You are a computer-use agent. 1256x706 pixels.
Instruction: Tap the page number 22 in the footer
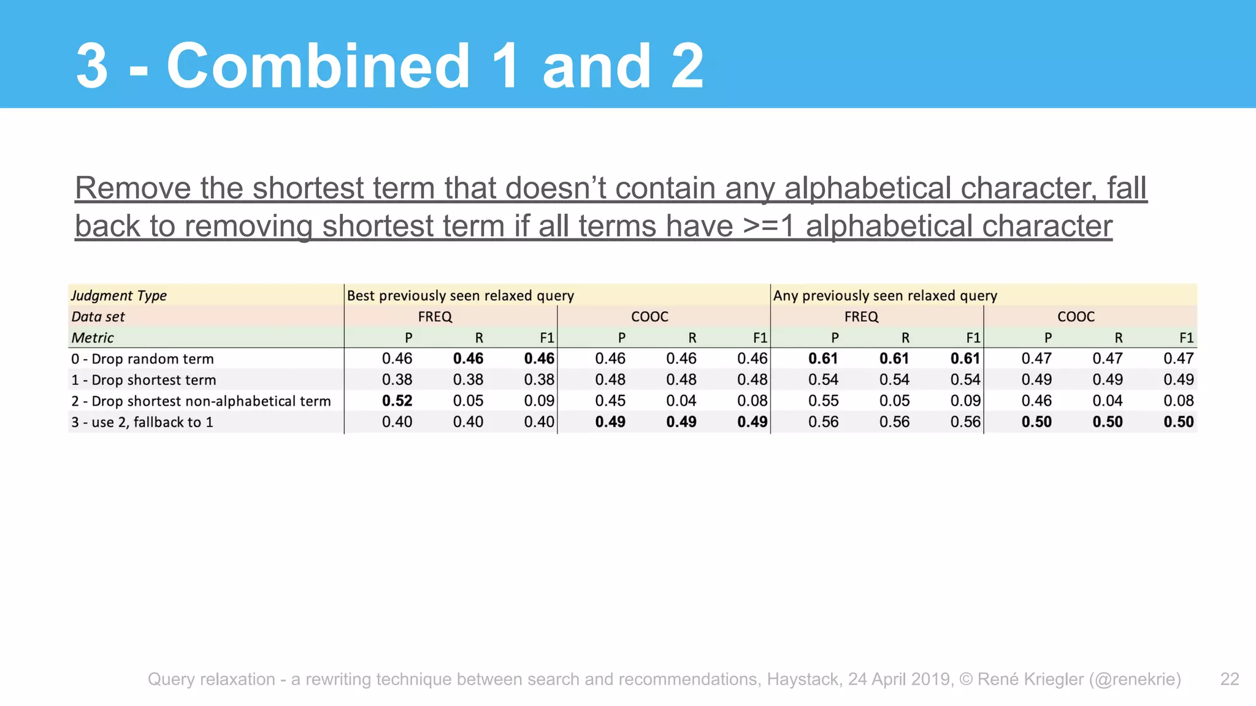[x=1230, y=679]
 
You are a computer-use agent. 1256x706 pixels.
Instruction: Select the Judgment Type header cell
[x=119, y=295]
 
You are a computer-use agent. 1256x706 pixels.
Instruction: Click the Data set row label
[x=98, y=317]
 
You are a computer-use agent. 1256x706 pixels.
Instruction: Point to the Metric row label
[x=93, y=338]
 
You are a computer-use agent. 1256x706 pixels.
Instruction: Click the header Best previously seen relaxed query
[x=460, y=295]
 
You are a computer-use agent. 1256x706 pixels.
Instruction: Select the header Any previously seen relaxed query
[x=885, y=295]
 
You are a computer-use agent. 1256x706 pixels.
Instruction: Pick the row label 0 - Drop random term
[x=142, y=359]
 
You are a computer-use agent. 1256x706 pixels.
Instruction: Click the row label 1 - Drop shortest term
[x=144, y=380]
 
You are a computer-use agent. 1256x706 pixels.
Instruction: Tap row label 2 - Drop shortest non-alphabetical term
[x=201, y=401]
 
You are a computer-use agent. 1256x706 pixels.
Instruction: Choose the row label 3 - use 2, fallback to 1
[x=142, y=422]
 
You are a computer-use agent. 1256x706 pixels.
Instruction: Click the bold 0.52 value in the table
[x=397, y=401]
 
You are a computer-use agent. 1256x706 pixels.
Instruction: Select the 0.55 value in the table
[x=823, y=401]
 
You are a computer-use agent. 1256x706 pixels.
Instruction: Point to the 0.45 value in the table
[x=610, y=401]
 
